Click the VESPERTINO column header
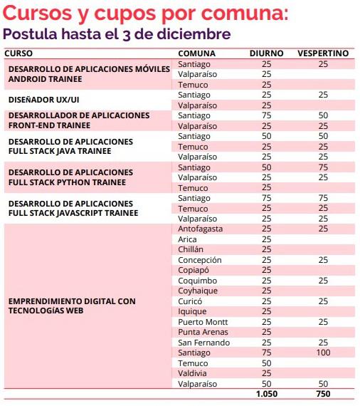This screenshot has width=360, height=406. (x=323, y=53)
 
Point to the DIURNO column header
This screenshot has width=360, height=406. (x=266, y=53)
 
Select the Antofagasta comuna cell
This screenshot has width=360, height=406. (x=202, y=229)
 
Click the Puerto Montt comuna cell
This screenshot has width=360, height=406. (x=202, y=322)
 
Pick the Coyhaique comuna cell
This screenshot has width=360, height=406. (x=197, y=291)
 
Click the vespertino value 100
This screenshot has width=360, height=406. (x=323, y=353)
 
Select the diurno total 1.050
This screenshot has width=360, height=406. (x=266, y=395)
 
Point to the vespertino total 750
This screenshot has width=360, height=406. (x=323, y=395)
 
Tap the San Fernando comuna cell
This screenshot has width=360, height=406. (x=203, y=343)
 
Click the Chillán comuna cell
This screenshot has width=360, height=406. (x=191, y=249)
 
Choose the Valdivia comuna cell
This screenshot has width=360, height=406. (x=193, y=373)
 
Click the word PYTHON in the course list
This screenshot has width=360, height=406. (x=92, y=182)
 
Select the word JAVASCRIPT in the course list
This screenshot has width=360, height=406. (x=100, y=213)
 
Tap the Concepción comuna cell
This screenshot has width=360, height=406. (x=200, y=260)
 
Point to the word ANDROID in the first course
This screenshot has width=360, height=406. (x=29, y=79)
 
